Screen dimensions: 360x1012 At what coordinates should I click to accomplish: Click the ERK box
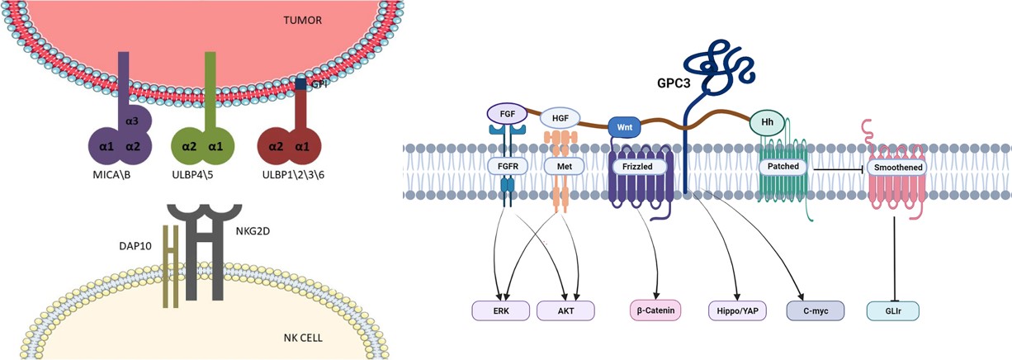point(501,310)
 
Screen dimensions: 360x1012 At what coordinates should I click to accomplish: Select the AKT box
point(565,310)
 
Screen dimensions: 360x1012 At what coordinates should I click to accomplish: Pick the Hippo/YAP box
point(736,310)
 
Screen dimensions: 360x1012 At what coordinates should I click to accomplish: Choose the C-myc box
point(816,310)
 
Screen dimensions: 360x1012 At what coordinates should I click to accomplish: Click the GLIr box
point(892,310)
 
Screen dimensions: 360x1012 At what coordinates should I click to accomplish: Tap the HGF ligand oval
point(560,118)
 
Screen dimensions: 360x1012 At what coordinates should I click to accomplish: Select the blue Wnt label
point(626,127)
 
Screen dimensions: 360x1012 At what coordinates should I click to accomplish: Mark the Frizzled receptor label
point(633,166)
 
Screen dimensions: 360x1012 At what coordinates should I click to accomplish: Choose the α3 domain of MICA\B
point(132,121)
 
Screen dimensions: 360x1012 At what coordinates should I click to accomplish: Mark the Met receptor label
point(560,166)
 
